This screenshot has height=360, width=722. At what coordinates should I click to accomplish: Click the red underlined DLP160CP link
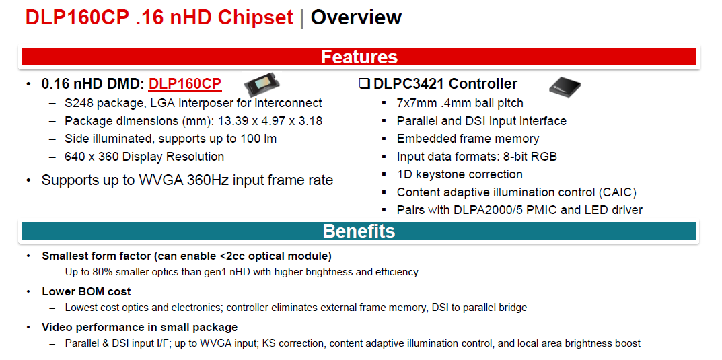point(185,84)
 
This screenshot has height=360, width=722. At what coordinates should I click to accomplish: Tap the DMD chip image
point(262,84)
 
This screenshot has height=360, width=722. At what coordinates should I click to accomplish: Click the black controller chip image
point(565,85)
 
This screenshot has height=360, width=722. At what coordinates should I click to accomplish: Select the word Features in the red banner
point(359,57)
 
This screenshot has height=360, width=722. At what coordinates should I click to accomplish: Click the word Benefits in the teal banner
point(359,231)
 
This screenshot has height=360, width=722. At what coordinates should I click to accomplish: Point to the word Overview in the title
point(356,17)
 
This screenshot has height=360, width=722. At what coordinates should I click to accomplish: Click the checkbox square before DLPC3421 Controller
point(364,84)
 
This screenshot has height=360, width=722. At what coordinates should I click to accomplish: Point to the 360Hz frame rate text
point(208,180)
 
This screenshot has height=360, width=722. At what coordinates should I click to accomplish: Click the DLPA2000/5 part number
point(479,210)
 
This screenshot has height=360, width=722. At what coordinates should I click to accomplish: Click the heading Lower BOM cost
point(87,291)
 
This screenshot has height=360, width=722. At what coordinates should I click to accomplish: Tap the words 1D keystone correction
point(460,174)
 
